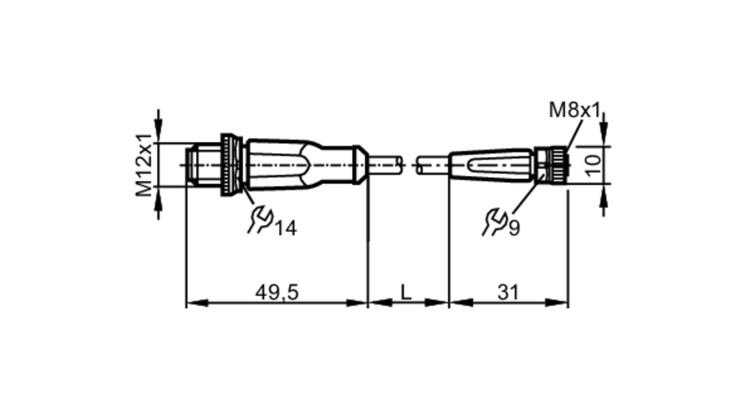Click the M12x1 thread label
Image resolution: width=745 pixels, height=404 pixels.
coord(144,165)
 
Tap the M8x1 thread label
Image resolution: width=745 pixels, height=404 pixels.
coord(575,110)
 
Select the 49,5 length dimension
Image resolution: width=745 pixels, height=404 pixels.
coord(277,292)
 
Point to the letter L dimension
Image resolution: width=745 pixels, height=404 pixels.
coord(406,292)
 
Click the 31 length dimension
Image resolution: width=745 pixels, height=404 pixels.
coord(508,292)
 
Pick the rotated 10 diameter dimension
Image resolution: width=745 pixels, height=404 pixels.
coord(593,165)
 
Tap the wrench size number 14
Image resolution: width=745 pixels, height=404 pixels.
coord(286,228)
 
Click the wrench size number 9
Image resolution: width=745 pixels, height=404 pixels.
coord(514,228)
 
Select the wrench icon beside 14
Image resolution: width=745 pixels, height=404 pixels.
coord(260,220)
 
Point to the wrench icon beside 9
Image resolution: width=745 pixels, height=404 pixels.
coord(495,221)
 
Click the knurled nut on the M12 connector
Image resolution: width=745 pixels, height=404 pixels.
coord(231,165)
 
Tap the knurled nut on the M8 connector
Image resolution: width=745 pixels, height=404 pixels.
coord(558,165)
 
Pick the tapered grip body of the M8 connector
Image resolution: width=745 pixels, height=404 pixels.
coord(492,165)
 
